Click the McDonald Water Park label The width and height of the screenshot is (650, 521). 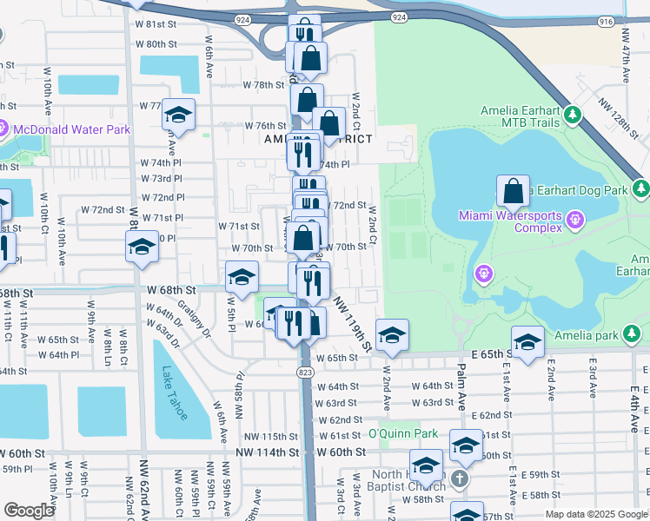(x=73, y=129)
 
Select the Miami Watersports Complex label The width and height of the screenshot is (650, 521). (x=511, y=221)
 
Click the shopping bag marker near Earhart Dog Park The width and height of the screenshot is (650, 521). (x=513, y=192)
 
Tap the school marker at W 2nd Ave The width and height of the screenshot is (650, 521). (x=392, y=335)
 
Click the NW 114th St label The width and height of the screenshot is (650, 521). (x=271, y=452)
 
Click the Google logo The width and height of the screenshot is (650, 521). (x=29, y=511)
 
